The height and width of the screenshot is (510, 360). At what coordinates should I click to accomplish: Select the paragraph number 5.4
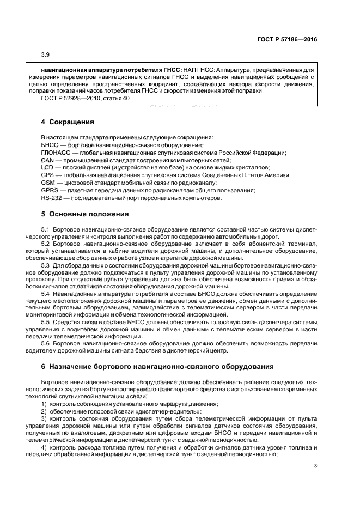(x=45, y=293)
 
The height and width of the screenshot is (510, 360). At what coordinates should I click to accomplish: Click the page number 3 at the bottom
(x=315, y=465)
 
